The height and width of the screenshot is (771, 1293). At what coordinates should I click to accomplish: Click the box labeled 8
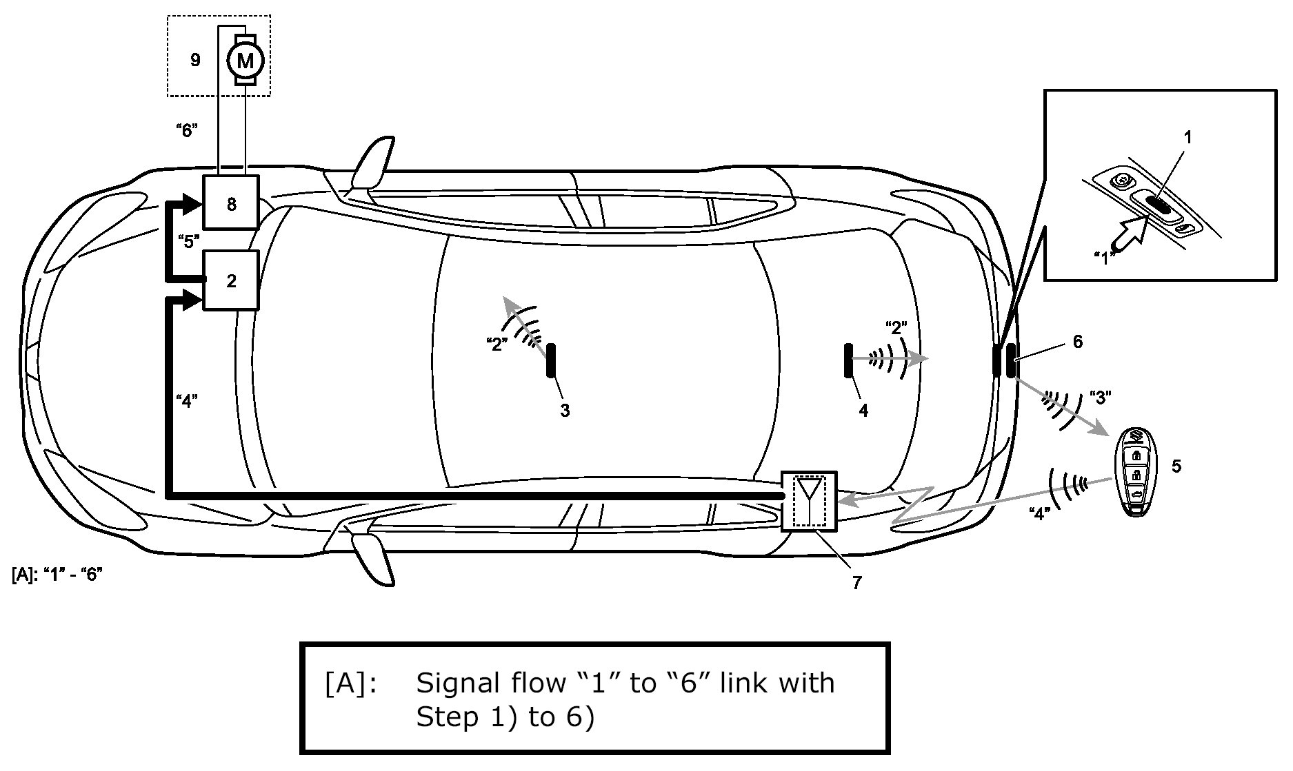(x=231, y=203)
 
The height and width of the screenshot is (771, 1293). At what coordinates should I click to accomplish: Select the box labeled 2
(x=231, y=280)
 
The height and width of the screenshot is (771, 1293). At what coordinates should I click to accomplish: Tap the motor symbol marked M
(x=245, y=61)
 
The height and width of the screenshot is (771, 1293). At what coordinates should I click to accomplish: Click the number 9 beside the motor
(x=195, y=60)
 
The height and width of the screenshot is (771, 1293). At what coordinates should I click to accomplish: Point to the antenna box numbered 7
(x=809, y=502)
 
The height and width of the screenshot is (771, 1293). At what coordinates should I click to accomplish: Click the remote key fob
(x=1135, y=472)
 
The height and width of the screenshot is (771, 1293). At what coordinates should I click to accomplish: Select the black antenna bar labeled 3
(x=551, y=360)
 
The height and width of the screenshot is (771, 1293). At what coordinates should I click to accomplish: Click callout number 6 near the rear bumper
(x=1077, y=341)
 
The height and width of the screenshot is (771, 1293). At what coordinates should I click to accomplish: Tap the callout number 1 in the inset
(x=1187, y=138)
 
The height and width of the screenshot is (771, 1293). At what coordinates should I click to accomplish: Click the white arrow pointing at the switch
(x=1129, y=240)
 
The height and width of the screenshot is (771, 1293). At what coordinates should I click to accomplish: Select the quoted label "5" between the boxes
(x=188, y=241)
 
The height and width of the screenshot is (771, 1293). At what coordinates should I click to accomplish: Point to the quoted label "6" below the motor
(x=187, y=130)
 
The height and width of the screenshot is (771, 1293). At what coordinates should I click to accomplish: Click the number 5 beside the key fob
(x=1176, y=466)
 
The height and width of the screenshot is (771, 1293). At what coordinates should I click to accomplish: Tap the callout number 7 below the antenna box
(x=856, y=583)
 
